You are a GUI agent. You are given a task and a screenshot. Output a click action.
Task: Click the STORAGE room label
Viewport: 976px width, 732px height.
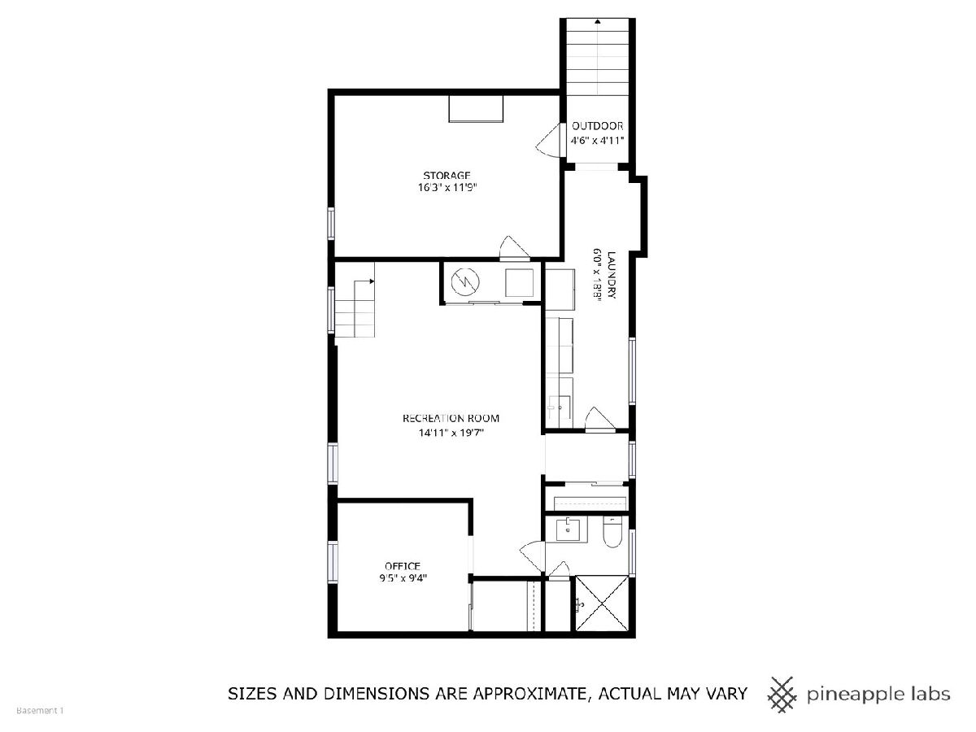pos(447,175)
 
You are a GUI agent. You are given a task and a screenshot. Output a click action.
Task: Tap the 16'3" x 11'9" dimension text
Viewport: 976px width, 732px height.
pos(447,187)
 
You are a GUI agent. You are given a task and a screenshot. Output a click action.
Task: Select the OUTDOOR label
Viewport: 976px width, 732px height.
pos(597,126)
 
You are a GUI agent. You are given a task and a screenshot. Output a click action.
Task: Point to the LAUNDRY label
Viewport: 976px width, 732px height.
pos(612,275)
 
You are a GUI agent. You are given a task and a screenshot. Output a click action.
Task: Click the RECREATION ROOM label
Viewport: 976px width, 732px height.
pos(451,418)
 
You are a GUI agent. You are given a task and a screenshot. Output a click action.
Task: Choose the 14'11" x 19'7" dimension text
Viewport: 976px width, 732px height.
pos(451,433)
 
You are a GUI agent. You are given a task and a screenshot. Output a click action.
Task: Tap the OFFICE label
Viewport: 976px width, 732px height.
pos(403,566)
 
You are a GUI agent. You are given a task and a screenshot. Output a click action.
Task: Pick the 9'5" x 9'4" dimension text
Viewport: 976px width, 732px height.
pos(403,578)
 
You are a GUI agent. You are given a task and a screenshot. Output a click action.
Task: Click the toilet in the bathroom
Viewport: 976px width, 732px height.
pos(612,532)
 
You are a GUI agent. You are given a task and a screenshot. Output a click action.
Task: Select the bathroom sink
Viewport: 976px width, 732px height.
pos(568,529)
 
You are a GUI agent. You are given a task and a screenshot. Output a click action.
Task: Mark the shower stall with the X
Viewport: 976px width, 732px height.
pos(602,603)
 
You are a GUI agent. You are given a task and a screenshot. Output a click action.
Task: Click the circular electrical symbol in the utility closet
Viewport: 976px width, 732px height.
pos(465,281)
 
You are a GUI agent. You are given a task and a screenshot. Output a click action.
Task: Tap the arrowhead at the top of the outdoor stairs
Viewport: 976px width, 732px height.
pos(598,21)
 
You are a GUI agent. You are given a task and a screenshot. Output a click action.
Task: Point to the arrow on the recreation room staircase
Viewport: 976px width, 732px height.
pos(364,281)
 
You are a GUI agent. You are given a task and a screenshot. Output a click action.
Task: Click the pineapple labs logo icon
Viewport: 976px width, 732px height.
pos(782,707)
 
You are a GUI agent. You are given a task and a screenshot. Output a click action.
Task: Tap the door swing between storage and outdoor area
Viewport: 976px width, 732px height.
pos(550,140)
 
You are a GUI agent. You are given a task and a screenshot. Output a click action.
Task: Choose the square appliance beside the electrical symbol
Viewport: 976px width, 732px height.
pos(519,283)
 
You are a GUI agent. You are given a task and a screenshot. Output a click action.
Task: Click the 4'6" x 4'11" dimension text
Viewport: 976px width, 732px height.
pos(597,141)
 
